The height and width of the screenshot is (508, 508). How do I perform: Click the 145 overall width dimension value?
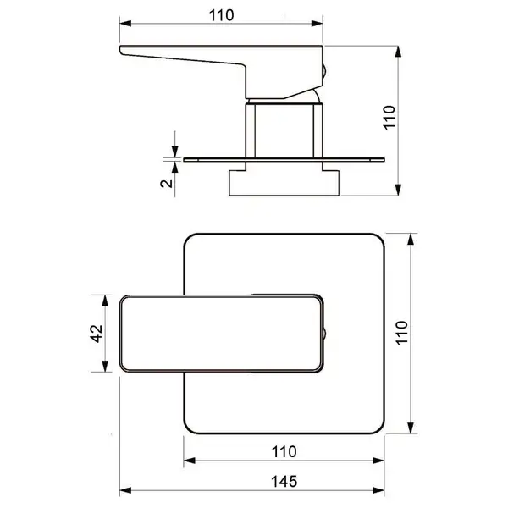tap(284, 482)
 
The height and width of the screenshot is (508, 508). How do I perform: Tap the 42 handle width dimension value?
tap(96, 334)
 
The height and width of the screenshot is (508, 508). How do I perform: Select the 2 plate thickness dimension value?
tap(167, 184)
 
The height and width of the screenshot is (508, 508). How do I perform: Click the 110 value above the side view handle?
tap(221, 15)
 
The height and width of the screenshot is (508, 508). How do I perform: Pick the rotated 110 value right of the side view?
tap(389, 118)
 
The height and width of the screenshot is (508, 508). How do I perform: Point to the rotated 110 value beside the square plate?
tap(401, 333)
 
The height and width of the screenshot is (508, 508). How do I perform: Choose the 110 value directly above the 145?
tap(284, 451)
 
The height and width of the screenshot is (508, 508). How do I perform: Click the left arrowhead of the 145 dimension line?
tap(125, 490)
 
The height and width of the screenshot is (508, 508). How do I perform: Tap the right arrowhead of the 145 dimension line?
tap(378, 490)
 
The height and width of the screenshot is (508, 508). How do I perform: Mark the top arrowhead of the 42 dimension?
tap(105, 301)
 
